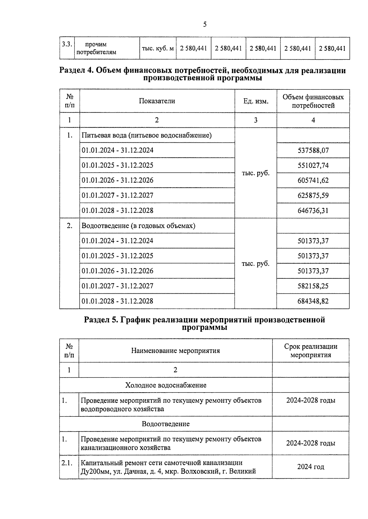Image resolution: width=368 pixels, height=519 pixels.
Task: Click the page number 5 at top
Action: coord(205,24)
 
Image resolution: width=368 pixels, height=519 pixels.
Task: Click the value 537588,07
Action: coord(313,150)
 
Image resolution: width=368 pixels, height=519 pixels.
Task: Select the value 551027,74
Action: coord(313,165)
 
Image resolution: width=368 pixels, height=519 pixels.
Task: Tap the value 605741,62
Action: coord(313,180)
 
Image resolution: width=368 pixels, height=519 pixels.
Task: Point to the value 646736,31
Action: coord(313,211)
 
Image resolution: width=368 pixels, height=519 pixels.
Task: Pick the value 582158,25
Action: coord(313,286)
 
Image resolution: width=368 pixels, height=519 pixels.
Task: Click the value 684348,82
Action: coord(313,301)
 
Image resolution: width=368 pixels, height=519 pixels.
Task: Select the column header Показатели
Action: coord(157,101)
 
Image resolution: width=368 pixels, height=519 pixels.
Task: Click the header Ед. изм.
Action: coord(256,101)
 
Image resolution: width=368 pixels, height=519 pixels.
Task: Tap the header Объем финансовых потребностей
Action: coord(313,101)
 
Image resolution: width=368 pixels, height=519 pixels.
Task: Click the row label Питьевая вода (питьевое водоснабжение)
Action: coord(146,135)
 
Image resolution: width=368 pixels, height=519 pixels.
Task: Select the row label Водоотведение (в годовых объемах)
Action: coord(138,226)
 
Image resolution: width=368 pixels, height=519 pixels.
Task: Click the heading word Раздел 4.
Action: coord(76,71)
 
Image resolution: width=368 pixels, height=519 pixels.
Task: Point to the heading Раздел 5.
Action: coord(101,320)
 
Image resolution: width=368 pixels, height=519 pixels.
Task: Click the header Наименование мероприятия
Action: coord(175,351)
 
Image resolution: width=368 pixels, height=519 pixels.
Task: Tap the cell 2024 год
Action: coord(310,467)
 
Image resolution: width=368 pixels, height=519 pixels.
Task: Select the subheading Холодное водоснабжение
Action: coord(166,385)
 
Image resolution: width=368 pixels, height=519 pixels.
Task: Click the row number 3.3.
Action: coord(67,44)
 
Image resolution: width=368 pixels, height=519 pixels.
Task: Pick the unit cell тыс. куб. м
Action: coord(158,48)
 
